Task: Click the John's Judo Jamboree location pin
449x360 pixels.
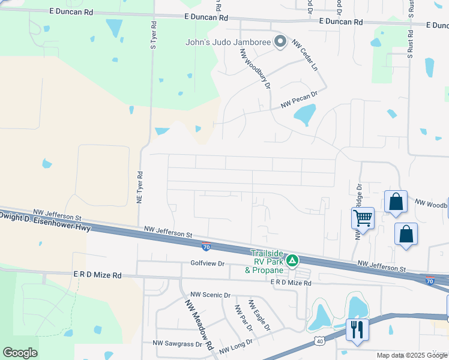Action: [x=280, y=41]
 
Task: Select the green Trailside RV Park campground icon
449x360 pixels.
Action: [x=292, y=260]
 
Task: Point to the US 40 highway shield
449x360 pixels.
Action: [x=318, y=341]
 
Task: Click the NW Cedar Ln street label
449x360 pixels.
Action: [x=304, y=55]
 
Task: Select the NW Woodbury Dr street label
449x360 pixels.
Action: [x=255, y=68]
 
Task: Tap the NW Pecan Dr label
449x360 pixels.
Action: [x=298, y=100]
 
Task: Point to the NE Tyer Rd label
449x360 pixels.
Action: [x=139, y=188]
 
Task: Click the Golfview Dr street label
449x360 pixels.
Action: [x=207, y=263]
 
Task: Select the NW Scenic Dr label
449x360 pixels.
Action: [x=210, y=295]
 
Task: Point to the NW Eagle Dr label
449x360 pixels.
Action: [x=259, y=314]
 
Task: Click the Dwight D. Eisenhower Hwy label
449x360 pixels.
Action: [x=45, y=221]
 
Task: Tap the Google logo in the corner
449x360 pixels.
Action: [x=20, y=353]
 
